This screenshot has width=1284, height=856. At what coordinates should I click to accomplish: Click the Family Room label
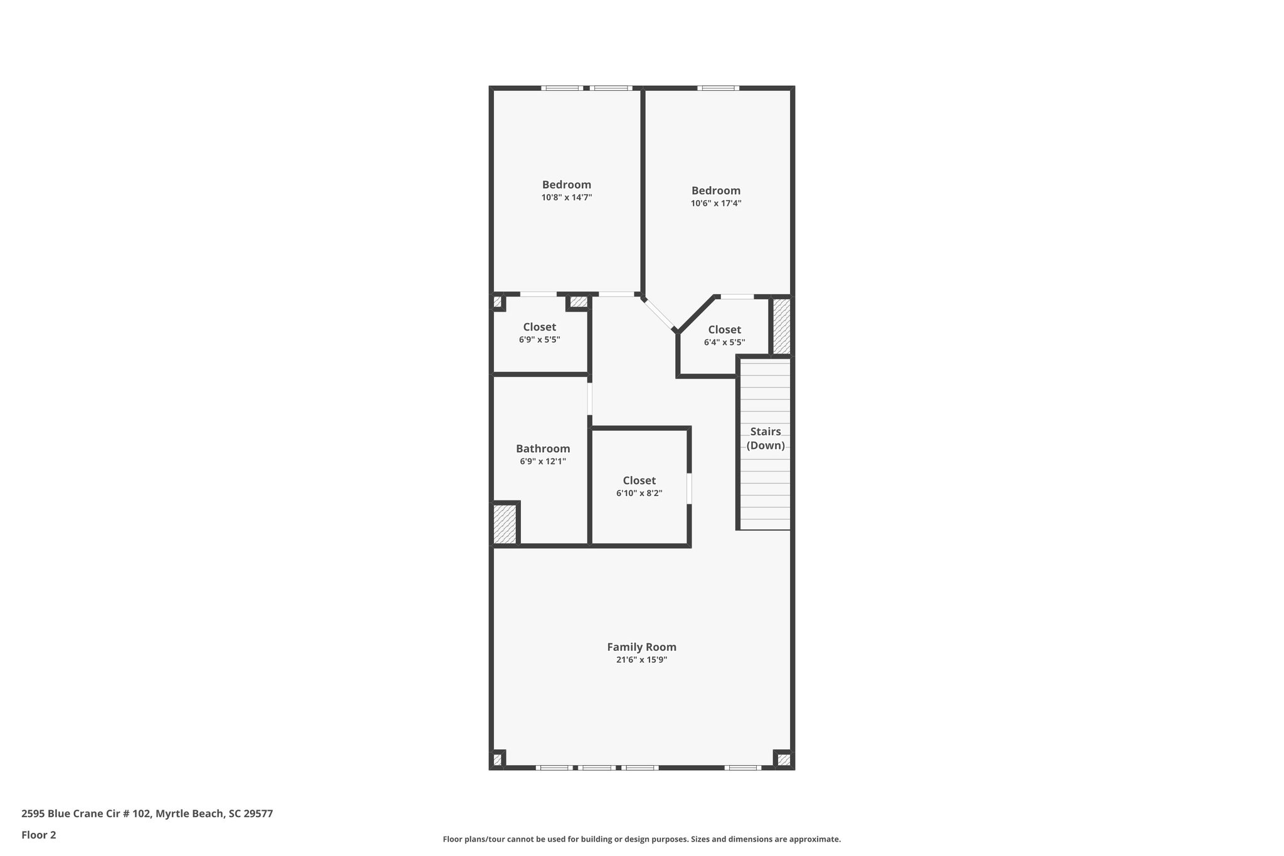641,647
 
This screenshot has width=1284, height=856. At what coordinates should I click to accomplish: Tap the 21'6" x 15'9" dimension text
641,660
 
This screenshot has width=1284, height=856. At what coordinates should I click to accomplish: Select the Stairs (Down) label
766,438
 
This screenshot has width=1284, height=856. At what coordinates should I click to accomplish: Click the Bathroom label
543,448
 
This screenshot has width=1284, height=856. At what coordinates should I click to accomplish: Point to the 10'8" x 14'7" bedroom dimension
567,197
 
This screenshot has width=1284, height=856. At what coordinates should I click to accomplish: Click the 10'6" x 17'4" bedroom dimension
716,203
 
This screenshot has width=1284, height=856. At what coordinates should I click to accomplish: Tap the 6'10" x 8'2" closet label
639,493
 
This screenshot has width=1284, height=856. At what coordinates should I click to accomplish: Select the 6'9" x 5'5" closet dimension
539,339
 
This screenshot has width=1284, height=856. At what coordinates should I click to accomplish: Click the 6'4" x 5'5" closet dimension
724,342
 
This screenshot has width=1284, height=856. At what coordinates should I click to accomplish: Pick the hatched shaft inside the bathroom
505,524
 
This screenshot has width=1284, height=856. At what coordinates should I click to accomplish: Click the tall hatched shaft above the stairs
781,326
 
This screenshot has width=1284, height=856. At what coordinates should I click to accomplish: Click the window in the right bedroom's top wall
718,88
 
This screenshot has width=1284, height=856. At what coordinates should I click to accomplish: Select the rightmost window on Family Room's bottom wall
743,768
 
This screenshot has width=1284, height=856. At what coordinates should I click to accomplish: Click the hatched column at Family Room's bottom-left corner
497,760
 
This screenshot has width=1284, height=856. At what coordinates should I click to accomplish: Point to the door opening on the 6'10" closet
689,489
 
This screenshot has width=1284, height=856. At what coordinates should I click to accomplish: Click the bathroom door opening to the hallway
590,399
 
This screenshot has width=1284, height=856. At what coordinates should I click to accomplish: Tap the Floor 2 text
39,835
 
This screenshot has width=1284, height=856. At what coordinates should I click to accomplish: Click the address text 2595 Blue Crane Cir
147,813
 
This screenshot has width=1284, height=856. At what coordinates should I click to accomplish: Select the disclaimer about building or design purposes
641,839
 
